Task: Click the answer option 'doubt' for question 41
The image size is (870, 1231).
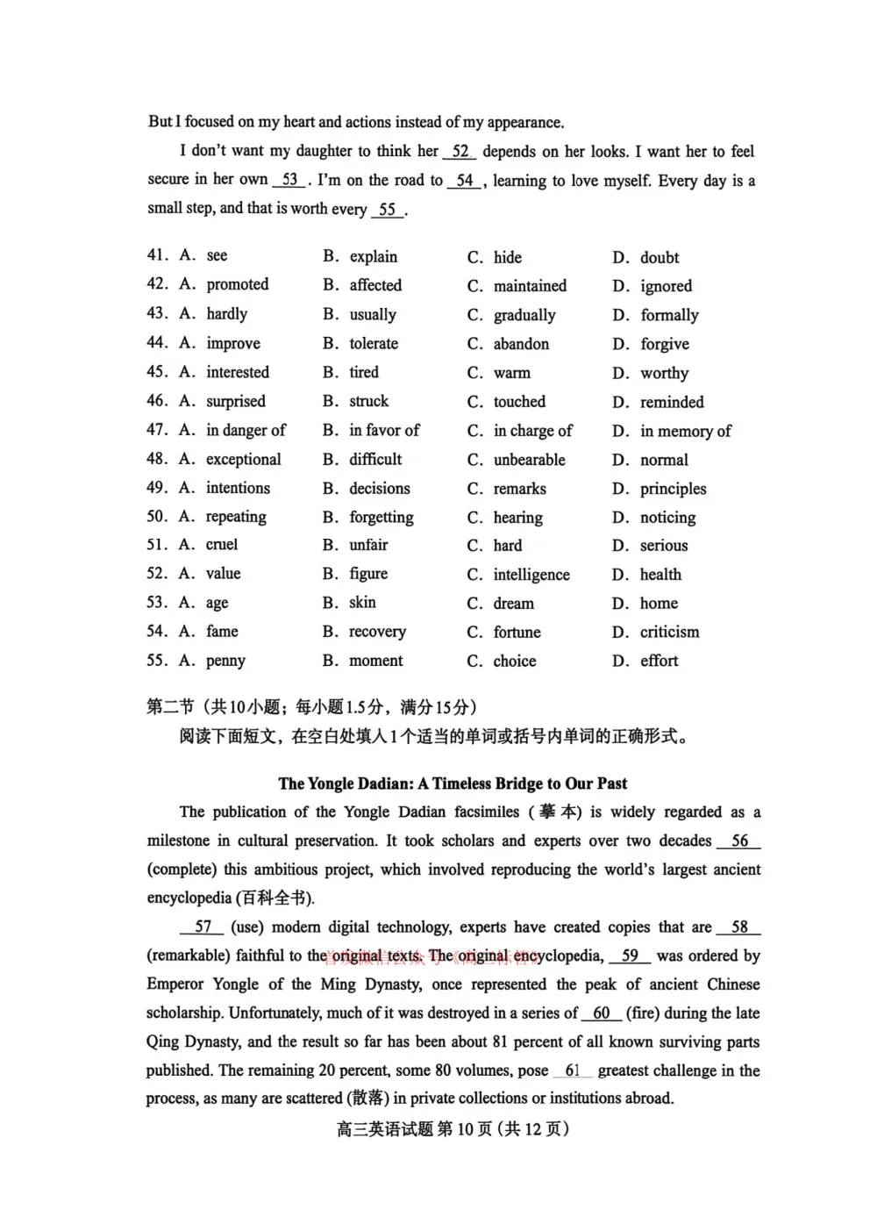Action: [659, 257]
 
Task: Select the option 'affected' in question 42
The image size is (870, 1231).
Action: [374, 285]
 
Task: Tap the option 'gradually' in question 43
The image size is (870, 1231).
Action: [524, 315]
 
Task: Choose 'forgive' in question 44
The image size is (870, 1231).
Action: [664, 344]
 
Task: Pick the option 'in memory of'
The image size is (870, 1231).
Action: [685, 431]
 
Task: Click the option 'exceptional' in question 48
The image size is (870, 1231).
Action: [243, 459]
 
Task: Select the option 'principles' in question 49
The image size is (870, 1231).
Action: [673, 489]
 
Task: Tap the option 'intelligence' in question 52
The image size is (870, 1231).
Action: [531, 575]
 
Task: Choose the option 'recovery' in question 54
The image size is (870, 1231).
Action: [377, 632]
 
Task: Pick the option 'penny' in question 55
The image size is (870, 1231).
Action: [225, 661]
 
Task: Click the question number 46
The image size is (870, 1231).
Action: [157, 401]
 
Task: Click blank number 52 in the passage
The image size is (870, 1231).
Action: [460, 152]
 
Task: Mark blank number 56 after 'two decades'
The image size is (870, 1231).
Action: [739, 841]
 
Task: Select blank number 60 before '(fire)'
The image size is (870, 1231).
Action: [601, 1013]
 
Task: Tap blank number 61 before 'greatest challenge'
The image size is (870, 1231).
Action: [573, 1070]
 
